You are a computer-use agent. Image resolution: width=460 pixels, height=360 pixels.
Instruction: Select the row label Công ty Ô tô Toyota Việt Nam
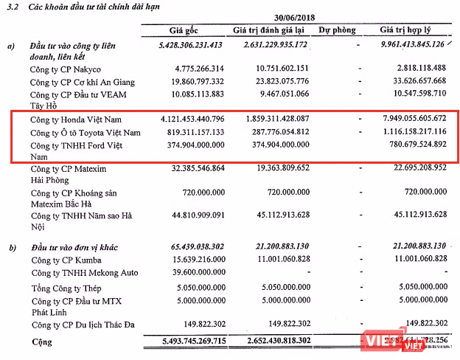[x=85, y=133]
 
